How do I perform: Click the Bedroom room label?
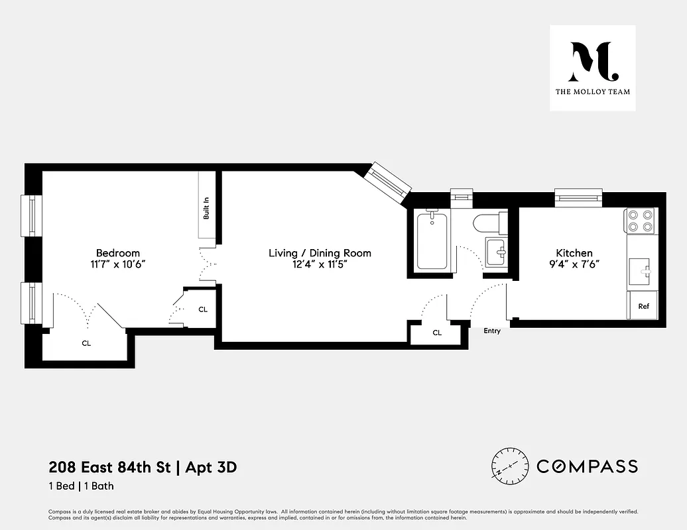pyautogui.click(x=118, y=253)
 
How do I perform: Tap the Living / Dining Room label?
pyautogui.click(x=320, y=253)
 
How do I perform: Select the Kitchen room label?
pyautogui.click(x=574, y=253)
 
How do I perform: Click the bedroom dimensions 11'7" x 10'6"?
pyautogui.click(x=118, y=264)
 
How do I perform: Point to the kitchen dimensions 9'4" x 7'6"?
pyautogui.click(x=574, y=264)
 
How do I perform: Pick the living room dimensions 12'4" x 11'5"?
pyautogui.click(x=320, y=264)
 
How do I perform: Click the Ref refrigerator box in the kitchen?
pyautogui.click(x=643, y=306)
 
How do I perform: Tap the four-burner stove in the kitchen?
pyautogui.click(x=640, y=220)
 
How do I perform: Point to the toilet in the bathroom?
pyautogui.click(x=489, y=223)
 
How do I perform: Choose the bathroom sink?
pyautogui.click(x=496, y=252)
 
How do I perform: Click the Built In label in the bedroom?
pyautogui.click(x=206, y=207)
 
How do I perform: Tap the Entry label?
pyautogui.click(x=492, y=331)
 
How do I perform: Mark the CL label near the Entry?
pyautogui.click(x=437, y=333)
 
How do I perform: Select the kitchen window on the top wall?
pyautogui.click(x=579, y=197)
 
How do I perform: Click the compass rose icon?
pyautogui.click(x=510, y=466)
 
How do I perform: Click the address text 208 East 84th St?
pyautogui.click(x=109, y=468)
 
